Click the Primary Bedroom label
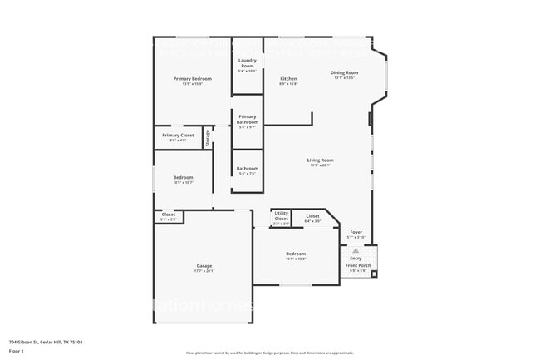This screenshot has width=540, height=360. click(x=188, y=79)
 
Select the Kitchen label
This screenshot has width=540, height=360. click(x=287, y=79)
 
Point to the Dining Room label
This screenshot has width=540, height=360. click(x=344, y=73)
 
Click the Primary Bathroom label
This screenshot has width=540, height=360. click(x=248, y=119)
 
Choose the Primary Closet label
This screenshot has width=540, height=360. click(x=178, y=135)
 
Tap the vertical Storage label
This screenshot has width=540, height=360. click(x=208, y=137)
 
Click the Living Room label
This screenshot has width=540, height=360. click(x=321, y=160)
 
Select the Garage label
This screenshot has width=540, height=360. click(x=204, y=265)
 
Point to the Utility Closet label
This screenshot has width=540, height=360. click(x=281, y=215)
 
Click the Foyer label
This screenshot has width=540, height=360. click(x=356, y=232)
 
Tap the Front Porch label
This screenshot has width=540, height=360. click(x=357, y=265)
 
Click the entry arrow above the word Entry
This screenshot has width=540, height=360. click(x=356, y=249)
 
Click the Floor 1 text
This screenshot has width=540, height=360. click(x=17, y=352)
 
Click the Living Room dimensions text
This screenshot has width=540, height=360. click(x=321, y=165)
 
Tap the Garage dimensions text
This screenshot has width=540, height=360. click(x=204, y=271)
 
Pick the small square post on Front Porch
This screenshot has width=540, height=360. click(x=374, y=273)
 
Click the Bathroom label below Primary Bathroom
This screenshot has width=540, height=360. click(x=248, y=168)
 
